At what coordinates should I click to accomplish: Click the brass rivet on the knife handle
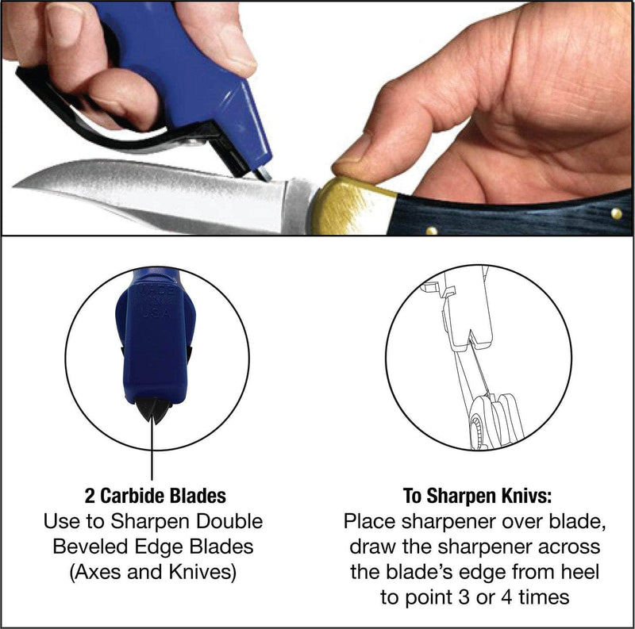click(431, 230)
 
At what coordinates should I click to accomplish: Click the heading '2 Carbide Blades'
click(155, 497)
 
